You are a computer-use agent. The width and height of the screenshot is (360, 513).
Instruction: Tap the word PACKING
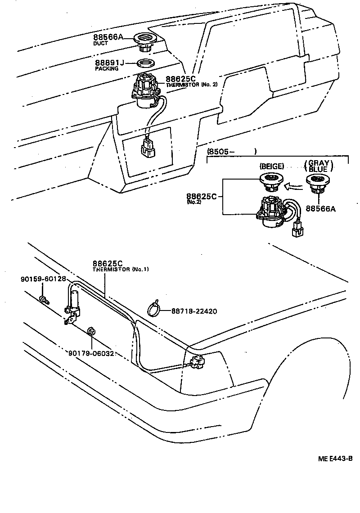[x=107, y=69]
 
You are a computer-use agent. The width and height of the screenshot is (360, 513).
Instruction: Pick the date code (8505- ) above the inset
[x=231, y=152]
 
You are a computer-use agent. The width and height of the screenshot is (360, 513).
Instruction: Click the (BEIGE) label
[x=271, y=166]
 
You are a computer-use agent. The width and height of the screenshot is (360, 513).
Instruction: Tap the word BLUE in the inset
[x=319, y=170]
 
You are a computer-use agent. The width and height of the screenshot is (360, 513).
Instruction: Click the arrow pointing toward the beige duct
[x=295, y=184]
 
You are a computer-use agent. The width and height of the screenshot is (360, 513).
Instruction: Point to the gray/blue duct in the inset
[x=319, y=182]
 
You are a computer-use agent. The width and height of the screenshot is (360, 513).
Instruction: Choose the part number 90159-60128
[x=43, y=279]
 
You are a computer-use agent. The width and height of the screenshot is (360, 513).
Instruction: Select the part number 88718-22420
[x=195, y=310]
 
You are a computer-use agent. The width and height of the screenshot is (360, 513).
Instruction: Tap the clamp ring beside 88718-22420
[x=154, y=309]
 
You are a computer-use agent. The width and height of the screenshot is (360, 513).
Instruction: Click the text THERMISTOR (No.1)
[x=121, y=269]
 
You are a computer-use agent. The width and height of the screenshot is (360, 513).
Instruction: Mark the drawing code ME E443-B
[x=335, y=459]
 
